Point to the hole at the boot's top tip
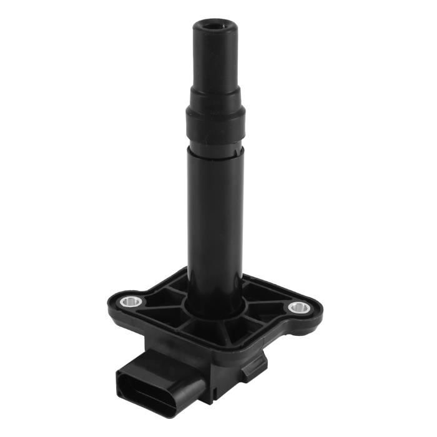click(216, 26)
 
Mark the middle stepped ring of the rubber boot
click(215, 96)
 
